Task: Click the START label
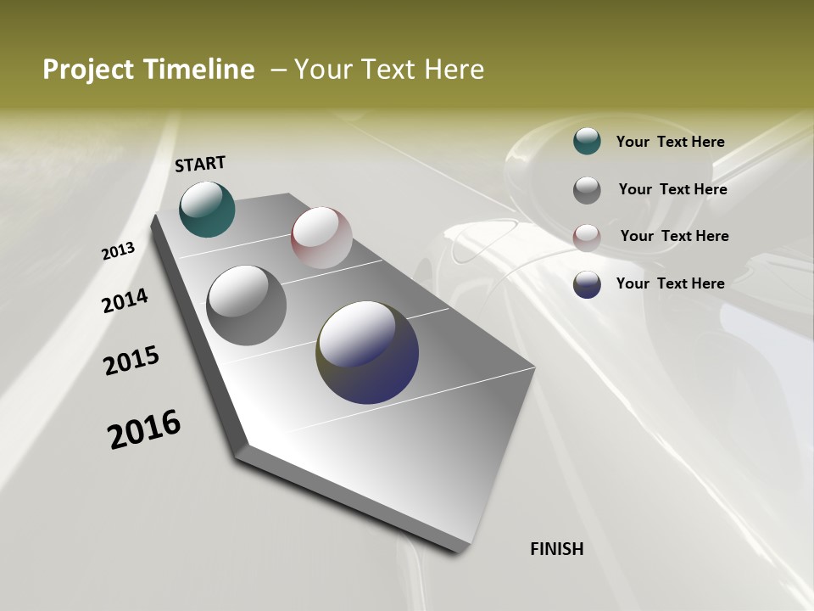(x=200, y=163)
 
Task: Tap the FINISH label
(x=556, y=549)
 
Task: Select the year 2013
(x=118, y=251)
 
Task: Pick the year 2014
(x=125, y=301)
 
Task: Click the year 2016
(x=144, y=429)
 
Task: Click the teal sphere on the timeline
(x=207, y=209)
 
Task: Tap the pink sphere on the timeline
(x=321, y=238)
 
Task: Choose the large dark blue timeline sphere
(x=367, y=352)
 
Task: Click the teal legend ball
(x=587, y=141)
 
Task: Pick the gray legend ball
(x=587, y=190)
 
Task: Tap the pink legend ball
(x=587, y=238)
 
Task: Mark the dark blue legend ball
(x=587, y=284)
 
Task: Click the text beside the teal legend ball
(x=670, y=143)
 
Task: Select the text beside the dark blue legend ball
(x=670, y=283)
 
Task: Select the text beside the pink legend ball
(x=674, y=236)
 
